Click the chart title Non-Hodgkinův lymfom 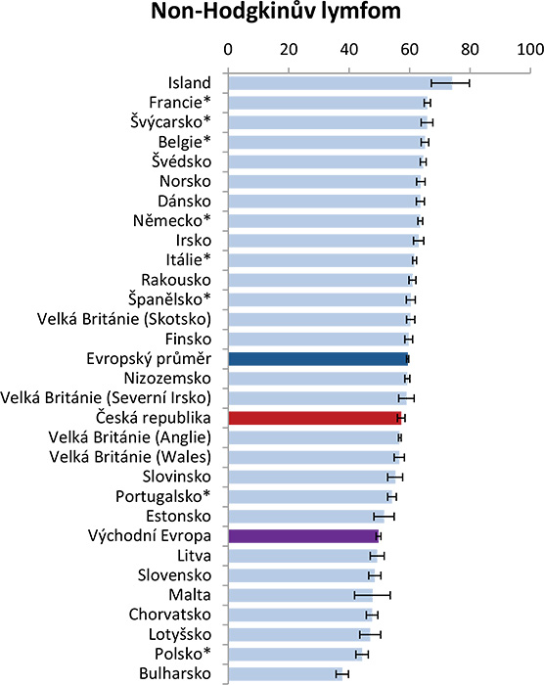click(276, 12)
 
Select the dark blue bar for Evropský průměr click(318, 359)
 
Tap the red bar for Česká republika click(315, 418)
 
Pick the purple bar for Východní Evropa click(303, 536)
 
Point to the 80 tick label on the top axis click(470, 49)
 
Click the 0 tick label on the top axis click(228, 49)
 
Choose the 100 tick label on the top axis click(530, 49)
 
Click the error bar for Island click(450, 83)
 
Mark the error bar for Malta click(372, 595)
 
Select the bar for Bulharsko click(286, 674)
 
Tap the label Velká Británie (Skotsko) click(124, 319)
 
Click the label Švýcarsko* click(170, 121)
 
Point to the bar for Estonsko click(306, 517)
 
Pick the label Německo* click(172, 220)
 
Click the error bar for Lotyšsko click(370, 635)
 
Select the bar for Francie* click(328, 103)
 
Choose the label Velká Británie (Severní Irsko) click(106, 398)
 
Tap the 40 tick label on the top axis click(348, 49)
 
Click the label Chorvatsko click(170, 615)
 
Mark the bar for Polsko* click(295, 655)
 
